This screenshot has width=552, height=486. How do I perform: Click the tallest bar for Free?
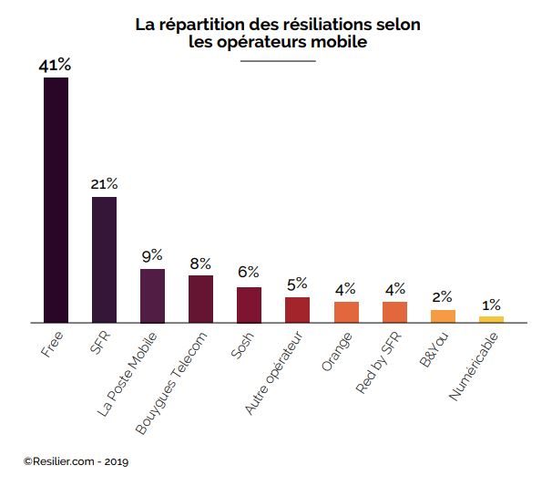56,200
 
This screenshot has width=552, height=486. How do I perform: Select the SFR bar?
104,259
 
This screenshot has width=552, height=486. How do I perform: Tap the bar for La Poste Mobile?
152,295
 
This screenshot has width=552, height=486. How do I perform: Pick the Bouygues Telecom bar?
200,298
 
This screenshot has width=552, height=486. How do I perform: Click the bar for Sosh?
249,305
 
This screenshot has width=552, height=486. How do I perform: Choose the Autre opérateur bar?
297,309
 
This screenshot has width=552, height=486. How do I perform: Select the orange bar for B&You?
443,315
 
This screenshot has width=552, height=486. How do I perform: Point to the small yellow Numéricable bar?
491,319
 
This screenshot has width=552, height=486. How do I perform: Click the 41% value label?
56,66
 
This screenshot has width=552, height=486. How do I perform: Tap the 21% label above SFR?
104,184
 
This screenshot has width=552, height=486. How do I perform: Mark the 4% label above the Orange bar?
346,289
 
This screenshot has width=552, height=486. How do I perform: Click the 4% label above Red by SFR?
394,289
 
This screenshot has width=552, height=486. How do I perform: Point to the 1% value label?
491,305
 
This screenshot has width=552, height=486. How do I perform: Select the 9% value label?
152,256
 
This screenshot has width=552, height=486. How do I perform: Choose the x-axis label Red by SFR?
378,363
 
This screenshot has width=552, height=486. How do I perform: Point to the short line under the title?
278,60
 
